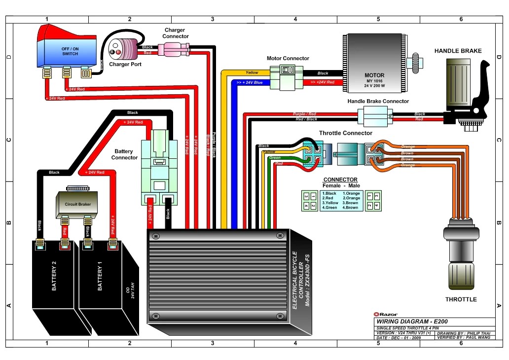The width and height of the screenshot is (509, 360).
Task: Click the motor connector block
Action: (286, 77)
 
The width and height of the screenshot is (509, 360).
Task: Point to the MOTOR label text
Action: (374, 75)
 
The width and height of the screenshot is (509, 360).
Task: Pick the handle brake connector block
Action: (375, 117)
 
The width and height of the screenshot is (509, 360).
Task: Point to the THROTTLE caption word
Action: (461, 299)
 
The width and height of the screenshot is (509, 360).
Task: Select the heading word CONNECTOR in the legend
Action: (340, 180)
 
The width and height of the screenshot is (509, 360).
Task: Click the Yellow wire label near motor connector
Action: (252, 73)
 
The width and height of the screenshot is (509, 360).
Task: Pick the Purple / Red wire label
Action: (304, 114)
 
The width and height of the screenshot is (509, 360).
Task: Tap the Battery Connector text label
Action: (124, 154)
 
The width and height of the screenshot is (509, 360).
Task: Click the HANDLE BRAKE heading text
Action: (458, 51)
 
